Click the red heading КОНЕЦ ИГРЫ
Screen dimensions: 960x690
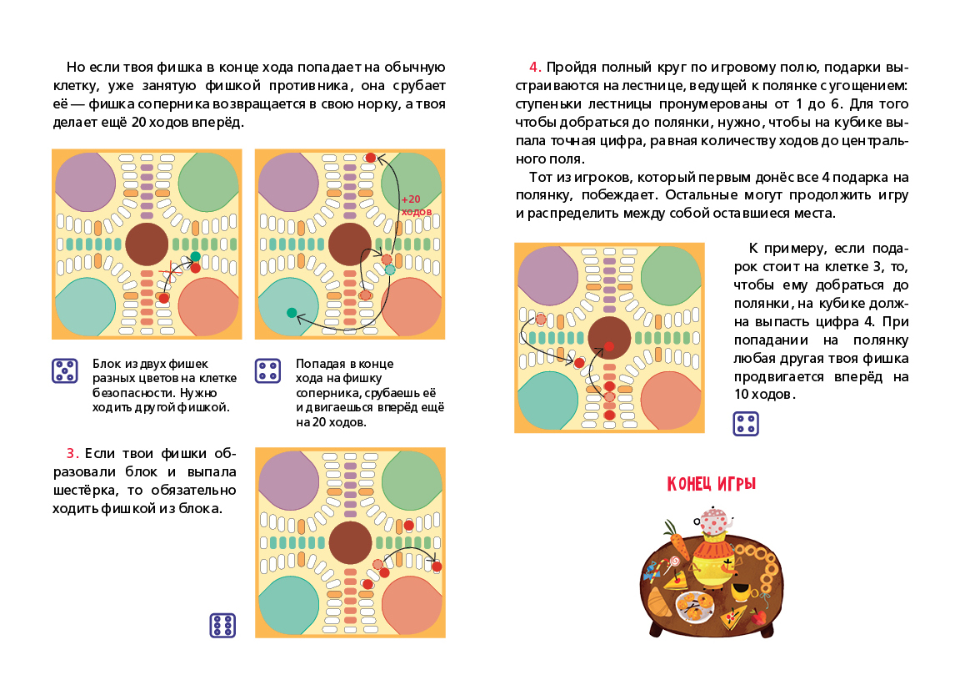pos(712,483)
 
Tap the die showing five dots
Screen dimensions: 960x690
pos(65,370)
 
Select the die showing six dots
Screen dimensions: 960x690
pos(222,626)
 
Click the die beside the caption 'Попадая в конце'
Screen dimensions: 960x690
pos(267,370)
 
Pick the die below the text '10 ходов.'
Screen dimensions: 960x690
pos(746,424)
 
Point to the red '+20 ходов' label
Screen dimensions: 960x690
pos(416,205)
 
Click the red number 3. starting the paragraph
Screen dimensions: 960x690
pos(72,453)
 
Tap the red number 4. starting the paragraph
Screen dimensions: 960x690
pos(535,67)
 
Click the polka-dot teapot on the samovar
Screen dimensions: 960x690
pos(714,521)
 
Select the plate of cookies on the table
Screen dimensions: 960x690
pos(695,605)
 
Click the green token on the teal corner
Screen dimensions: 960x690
pos(292,313)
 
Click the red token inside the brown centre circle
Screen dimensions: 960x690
pos(608,346)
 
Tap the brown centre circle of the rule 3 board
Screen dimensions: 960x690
pos(350,543)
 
